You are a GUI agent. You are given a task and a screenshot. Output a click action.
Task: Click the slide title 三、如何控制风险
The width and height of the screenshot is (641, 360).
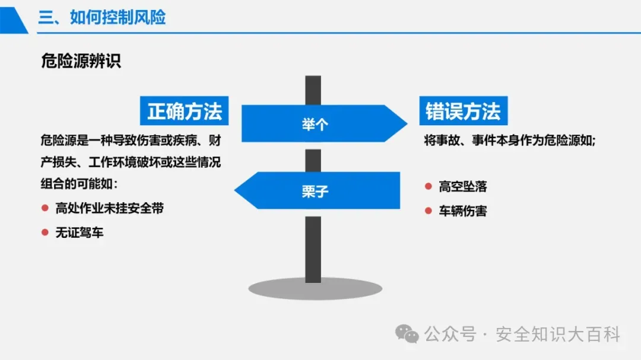[102, 17]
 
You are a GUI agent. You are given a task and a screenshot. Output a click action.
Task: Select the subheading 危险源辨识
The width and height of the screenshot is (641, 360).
[81, 62]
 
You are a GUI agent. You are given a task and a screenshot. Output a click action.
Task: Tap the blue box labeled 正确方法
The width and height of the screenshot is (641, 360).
[185, 111]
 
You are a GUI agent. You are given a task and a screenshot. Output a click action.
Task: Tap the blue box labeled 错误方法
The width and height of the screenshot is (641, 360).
[463, 111]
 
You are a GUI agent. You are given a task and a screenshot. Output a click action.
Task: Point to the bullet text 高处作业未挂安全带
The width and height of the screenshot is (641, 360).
[109, 208]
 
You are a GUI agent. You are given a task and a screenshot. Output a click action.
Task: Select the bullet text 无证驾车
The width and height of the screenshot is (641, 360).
[80, 232]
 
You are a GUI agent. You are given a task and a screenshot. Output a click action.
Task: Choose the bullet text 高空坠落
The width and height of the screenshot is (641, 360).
[463, 187]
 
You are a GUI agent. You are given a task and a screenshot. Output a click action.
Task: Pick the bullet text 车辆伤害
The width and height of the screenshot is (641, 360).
[463, 211]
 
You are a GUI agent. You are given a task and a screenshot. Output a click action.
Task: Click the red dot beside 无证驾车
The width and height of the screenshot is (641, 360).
[45, 232]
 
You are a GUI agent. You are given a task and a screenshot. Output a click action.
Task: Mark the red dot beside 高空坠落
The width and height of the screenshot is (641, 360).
[428, 186]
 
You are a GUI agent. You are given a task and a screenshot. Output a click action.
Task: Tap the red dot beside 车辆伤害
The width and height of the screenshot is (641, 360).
[428, 211]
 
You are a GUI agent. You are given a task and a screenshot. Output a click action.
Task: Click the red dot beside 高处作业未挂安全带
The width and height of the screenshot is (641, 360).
[45, 208]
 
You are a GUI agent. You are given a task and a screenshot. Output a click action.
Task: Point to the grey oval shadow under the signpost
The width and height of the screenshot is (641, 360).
[315, 289]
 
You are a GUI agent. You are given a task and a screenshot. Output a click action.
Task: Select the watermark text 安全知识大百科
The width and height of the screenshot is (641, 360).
[557, 335]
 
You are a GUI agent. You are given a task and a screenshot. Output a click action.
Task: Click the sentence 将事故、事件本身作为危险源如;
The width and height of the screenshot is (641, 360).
[510, 141]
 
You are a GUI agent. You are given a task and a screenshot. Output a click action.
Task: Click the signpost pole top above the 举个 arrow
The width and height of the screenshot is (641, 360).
[313, 89]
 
